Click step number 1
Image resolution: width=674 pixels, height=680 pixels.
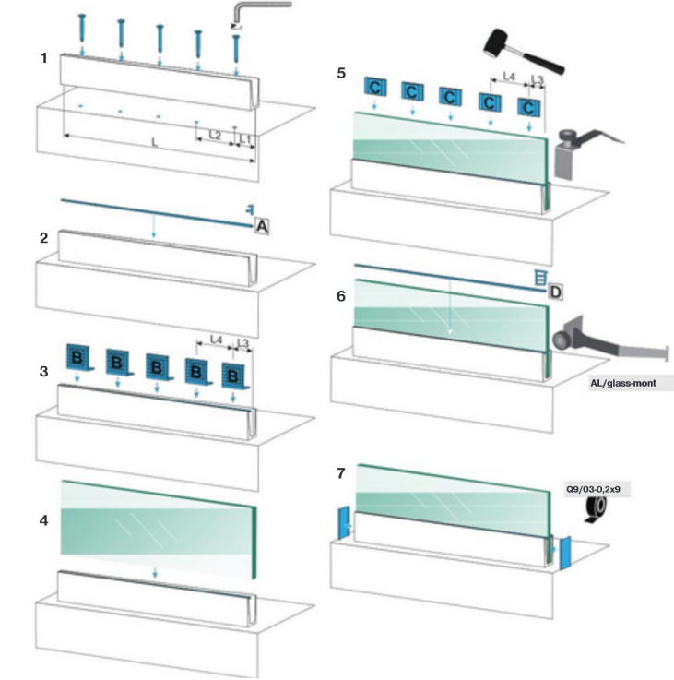[x=43, y=58]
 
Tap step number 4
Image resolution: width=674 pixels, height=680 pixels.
[x=43, y=520]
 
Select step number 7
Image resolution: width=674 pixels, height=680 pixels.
[x=341, y=473]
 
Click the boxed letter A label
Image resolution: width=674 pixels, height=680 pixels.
[x=261, y=224]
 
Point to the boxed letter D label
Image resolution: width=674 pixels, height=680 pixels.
[x=555, y=292]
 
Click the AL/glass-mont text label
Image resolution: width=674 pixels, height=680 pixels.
[x=631, y=381]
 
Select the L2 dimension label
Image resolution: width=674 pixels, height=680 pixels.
[x=214, y=135]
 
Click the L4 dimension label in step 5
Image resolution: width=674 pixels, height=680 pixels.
[x=509, y=78]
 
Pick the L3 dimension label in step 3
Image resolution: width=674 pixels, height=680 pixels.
[x=242, y=342]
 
